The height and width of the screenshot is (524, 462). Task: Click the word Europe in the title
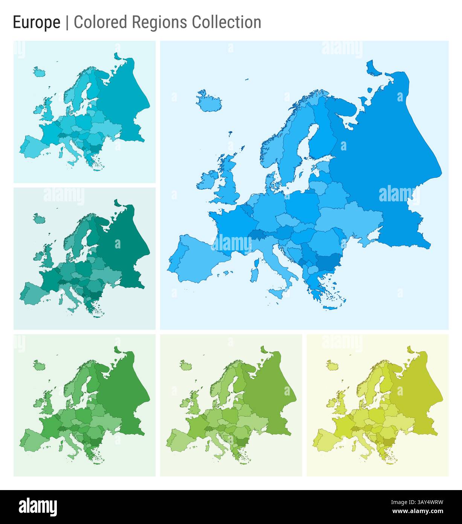[x=37, y=22]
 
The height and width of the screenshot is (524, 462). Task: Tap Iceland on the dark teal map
[x=39, y=218]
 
